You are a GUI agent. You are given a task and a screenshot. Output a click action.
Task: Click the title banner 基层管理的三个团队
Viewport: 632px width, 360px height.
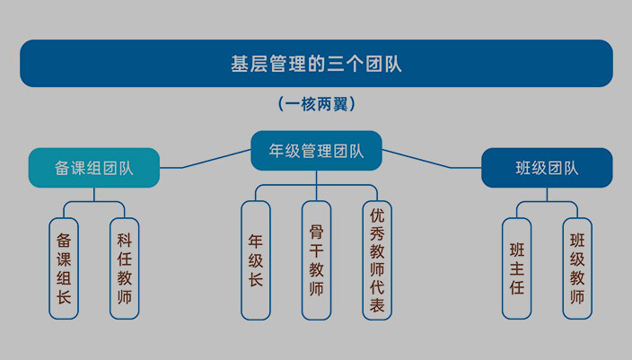pos(316,64)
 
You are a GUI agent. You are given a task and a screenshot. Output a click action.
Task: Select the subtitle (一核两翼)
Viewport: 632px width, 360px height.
pos(317,104)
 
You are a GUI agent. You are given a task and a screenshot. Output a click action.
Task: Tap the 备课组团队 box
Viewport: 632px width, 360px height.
pos(94,168)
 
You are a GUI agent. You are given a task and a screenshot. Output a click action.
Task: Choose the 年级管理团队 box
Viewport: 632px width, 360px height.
pos(316,150)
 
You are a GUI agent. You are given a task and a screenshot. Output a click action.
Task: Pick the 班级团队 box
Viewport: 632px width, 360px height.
pos(547,168)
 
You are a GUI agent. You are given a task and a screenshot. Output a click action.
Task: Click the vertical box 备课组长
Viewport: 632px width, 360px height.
pos(64,268)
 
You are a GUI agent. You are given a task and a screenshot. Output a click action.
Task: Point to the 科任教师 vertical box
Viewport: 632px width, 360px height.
pos(125,268)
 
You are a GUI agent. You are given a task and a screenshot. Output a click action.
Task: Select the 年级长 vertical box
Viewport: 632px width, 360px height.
pos(256,260)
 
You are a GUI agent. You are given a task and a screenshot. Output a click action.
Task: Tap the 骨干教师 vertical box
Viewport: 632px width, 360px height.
pos(316,260)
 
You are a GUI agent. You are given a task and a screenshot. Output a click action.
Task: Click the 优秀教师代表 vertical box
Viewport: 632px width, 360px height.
pos(377,260)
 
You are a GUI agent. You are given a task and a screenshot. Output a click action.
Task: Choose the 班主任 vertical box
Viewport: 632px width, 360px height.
pos(517,268)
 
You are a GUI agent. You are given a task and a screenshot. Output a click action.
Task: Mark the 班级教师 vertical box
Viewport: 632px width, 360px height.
pos(578,268)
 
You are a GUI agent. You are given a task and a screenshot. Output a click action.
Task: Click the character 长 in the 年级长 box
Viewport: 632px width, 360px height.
pos(256,280)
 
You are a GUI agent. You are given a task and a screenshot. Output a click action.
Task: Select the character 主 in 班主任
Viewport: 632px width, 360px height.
pos(517,268)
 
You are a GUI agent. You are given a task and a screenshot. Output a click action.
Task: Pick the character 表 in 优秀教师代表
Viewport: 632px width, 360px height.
pos(377,306)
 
